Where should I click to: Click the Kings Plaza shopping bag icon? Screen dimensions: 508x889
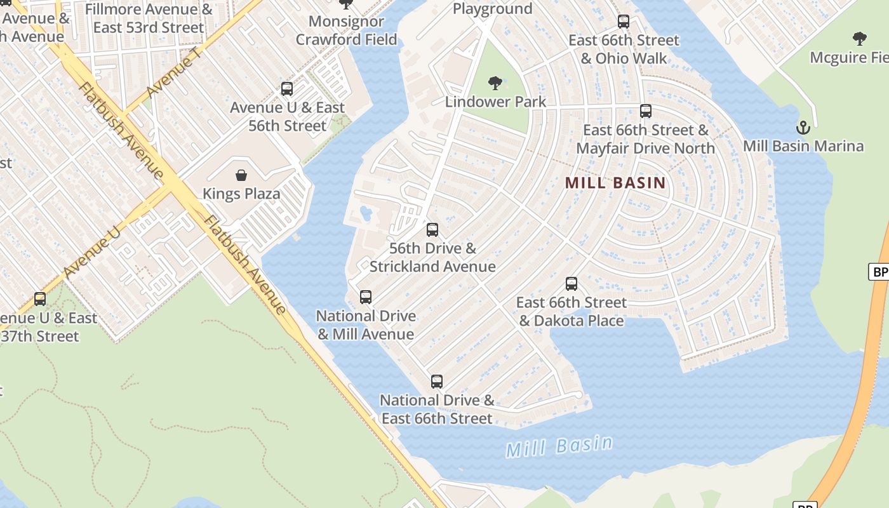(x=241, y=175)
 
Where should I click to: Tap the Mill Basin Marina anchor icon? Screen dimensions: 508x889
(x=803, y=128)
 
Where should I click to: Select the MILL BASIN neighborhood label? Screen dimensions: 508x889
(x=615, y=184)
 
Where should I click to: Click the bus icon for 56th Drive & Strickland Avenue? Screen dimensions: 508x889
(x=432, y=230)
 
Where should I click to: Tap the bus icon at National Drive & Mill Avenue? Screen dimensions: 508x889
(x=366, y=297)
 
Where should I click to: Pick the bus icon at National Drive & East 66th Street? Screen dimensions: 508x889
(x=437, y=382)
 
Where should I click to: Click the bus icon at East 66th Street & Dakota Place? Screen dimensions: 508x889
(x=571, y=284)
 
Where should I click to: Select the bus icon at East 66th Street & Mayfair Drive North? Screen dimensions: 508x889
(x=646, y=111)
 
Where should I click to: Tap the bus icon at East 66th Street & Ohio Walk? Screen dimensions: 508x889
(x=624, y=22)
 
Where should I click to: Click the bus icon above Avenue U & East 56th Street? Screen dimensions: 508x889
(x=287, y=89)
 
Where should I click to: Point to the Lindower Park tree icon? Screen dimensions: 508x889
(x=495, y=83)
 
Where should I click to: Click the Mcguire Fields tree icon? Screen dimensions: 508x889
(x=860, y=39)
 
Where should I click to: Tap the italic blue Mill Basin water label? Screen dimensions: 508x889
(x=559, y=446)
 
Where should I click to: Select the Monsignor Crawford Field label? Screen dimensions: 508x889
(x=346, y=30)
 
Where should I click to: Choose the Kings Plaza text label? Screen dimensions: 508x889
(x=241, y=194)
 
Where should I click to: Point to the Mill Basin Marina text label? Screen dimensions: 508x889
(x=803, y=146)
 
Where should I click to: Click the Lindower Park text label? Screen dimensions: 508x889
(x=495, y=102)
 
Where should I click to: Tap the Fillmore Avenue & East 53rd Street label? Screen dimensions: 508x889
(x=149, y=18)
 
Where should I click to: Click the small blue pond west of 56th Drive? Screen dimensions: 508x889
(x=366, y=213)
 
